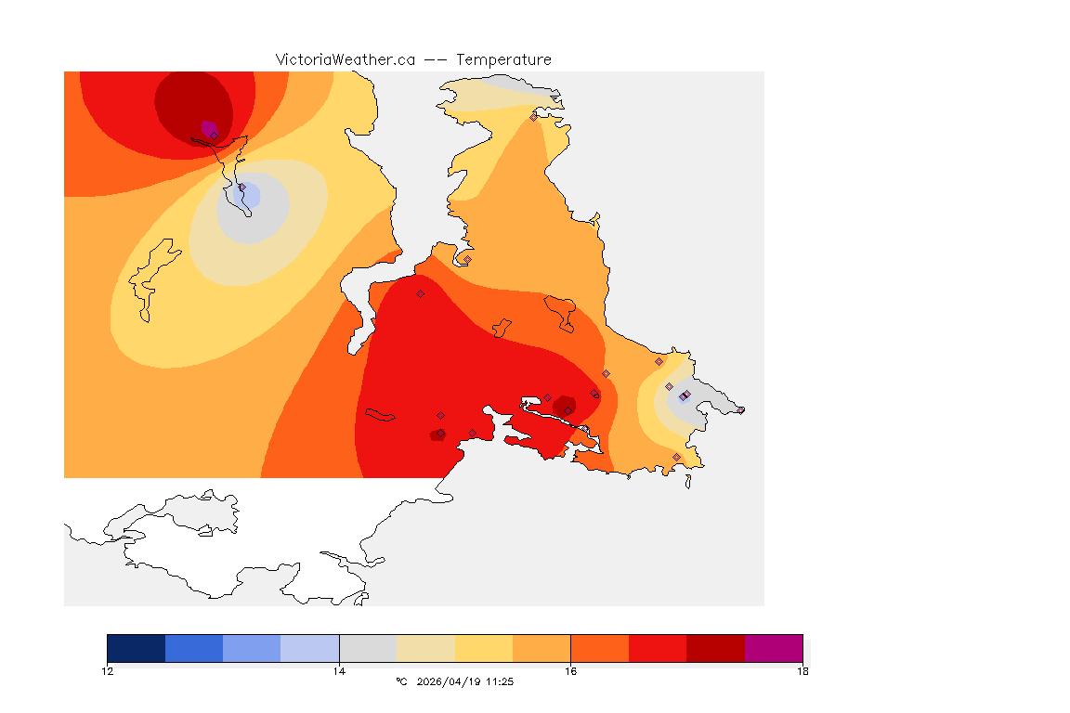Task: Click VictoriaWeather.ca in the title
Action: pos(345,59)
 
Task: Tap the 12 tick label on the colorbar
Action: pos(108,670)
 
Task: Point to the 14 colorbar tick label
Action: pos(339,670)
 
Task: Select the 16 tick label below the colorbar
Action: pos(570,670)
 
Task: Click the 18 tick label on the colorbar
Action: pos(802,670)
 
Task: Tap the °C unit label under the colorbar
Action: pos(401,681)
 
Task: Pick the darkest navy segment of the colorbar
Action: pos(137,648)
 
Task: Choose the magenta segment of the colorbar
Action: pos(773,648)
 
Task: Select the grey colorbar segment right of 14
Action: pos(368,648)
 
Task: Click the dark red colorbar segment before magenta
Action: pos(715,648)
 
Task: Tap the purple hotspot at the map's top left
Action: pos(208,127)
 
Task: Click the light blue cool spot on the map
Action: pos(249,196)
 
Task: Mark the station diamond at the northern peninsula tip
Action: pos(533,117)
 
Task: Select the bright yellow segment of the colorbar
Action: pos(484,648)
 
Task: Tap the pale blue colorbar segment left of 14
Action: pos(310,648)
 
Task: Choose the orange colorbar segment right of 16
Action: pos(599,648)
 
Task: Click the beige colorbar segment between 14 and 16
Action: pos(425,648)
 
